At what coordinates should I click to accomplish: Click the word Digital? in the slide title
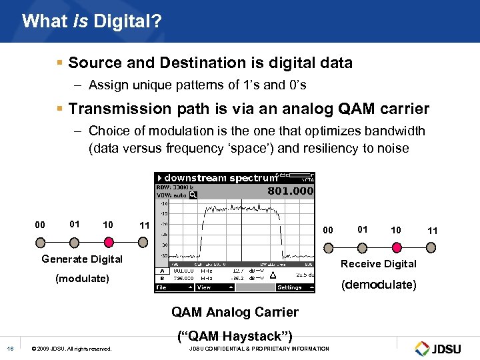pos(127,21)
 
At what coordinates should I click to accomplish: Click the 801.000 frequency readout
pos(290,191)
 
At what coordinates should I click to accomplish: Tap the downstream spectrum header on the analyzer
pos(219,178)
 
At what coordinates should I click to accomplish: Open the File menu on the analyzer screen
pos(162,287)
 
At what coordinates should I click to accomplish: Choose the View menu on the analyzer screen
pos(204,287)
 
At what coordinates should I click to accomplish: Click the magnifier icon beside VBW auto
pos(193,195)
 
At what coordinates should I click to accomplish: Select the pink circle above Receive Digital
pos(396,247)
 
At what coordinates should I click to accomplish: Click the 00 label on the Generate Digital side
pos(40,225)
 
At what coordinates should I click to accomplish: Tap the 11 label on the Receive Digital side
pos(433,231)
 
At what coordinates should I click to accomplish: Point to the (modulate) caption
pos(82,278)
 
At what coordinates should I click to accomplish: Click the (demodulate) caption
pos(379,285)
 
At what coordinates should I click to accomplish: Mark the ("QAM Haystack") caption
pos(235,336)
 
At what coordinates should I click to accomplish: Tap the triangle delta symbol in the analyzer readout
pos(272,275)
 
